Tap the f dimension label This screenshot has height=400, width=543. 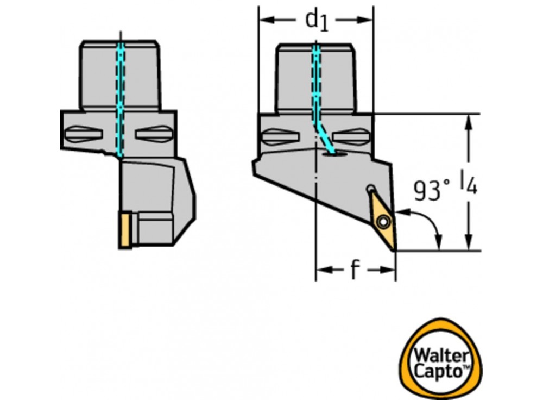tap(354, 270)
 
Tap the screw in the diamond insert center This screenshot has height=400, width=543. tap(384, 222)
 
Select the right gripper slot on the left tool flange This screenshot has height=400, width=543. tap(154, 133)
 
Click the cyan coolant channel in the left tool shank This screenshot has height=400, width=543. tap(120, 98)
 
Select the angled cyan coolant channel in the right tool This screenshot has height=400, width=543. tap(325, 139)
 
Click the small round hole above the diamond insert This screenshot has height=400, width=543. tap(370, 189)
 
